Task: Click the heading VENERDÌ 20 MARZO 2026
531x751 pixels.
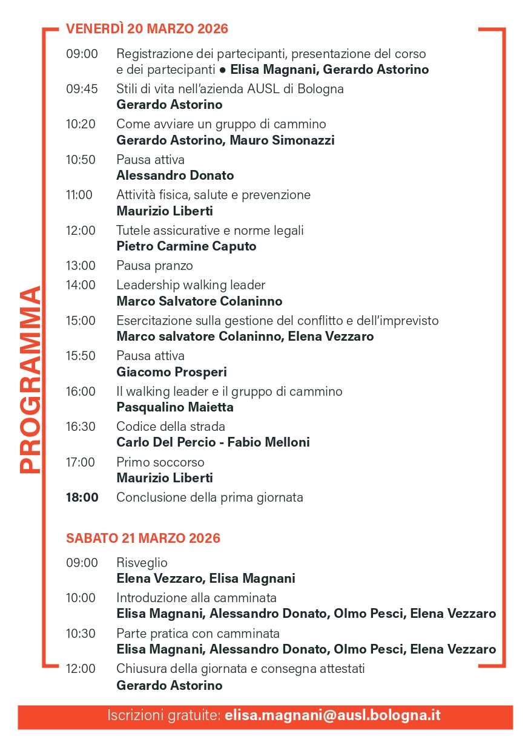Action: (147, 28)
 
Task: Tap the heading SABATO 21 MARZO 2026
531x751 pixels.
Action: (143, 538)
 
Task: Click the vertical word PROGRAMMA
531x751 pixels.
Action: (30, 379)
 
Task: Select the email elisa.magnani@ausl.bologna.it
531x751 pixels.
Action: (332, 715)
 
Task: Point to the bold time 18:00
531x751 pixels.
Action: (82, 497)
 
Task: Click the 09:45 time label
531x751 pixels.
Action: (82, 89)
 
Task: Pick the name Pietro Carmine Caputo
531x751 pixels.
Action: (186, 246)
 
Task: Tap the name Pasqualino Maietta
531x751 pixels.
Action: (174, 407)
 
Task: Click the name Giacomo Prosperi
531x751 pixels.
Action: (171, 372)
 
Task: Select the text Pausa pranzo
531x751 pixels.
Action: (154, 266)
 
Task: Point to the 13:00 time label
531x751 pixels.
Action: (81, 266)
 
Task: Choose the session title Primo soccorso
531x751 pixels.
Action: (160, 462)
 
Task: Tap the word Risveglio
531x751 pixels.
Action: (142, 563)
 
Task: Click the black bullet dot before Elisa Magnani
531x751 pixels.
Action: (222, 70)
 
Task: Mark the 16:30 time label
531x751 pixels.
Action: (81, 427)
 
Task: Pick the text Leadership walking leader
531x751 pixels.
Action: (191, 285)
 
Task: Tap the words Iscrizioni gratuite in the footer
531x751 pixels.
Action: (163, 715)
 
